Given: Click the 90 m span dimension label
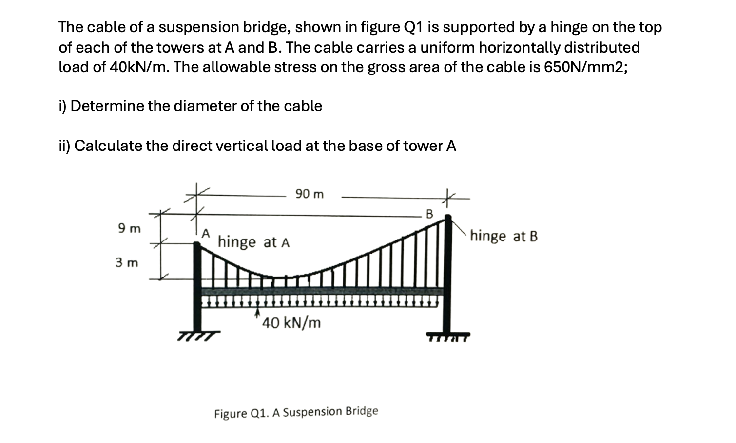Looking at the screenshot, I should point(309,194).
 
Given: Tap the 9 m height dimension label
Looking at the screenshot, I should point(129,228).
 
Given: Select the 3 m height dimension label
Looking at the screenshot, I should point(127,263).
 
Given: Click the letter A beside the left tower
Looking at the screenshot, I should point(206,233).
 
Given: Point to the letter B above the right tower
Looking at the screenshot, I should point(429,214).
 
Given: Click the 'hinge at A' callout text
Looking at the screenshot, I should point(253,242).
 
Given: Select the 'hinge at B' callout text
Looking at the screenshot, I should point(504,237).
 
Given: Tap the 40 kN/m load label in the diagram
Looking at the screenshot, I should point(291,323).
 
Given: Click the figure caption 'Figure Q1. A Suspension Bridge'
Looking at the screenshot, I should point(296,412).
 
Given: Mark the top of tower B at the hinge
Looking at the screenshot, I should point(448,218).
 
